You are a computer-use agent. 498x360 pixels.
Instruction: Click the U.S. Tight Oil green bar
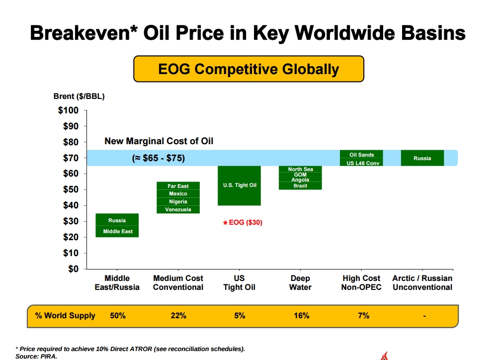[x=240, y=185]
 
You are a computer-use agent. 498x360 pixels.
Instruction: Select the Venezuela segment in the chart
[x=178, y=209]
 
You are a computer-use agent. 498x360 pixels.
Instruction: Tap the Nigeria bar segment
[x=178, y=201]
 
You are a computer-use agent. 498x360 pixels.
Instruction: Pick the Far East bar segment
[x=178, y=186]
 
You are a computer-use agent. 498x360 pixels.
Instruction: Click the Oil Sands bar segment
[x=361, y=155]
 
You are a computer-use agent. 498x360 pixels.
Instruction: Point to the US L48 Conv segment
[x=361, y=163]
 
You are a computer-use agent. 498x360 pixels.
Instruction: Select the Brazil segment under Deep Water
[x=300, y=186]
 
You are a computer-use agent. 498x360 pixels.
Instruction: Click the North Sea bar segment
[x=300, y=170]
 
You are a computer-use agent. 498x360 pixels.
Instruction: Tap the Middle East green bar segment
[x=117, y=231]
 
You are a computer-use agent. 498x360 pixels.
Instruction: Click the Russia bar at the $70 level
[x=422, y=158]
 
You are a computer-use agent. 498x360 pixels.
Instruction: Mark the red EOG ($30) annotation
[x=243, y=223]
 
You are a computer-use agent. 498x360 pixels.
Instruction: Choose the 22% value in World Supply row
[x=178, y=316]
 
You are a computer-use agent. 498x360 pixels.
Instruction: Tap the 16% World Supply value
[x=301, y=316]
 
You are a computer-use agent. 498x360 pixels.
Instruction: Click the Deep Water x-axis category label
[x=300, y=282]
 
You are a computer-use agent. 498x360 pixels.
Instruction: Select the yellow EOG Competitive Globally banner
[x=249, y=69]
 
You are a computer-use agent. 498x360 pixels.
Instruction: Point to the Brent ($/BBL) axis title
[x=79, y=96]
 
